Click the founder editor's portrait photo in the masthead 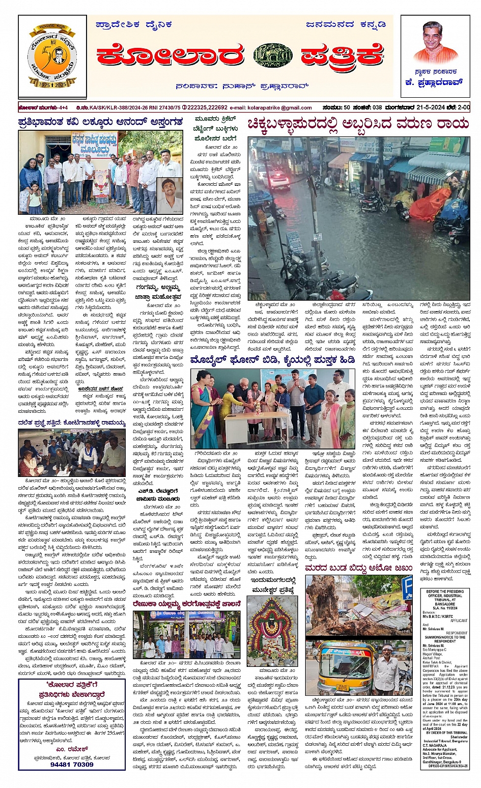click(x=436, y=42)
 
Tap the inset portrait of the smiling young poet click(x=169, y=194)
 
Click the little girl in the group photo click(x=35, y=198)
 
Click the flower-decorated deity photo click(x=272, y=631)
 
